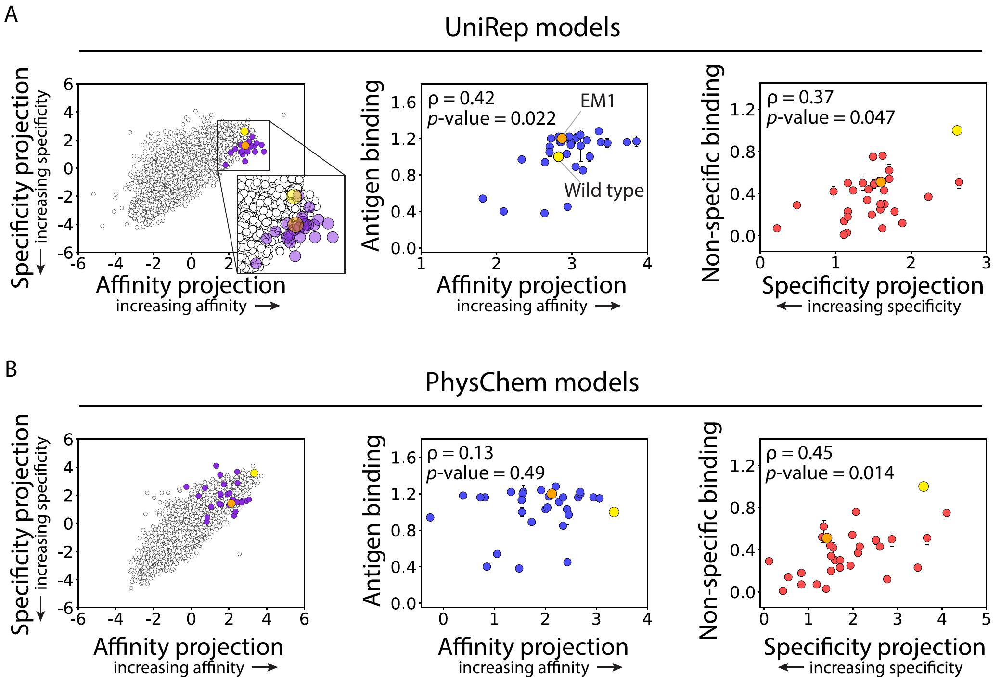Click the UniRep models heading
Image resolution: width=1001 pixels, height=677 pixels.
[x=532, y=28]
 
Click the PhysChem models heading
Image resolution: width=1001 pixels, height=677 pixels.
[x=532, y=383]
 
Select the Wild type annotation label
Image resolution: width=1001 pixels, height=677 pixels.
[x=603, y=191]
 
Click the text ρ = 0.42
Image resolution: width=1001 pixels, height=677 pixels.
[x=461, y=99]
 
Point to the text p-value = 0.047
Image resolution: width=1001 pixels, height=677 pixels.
[x=830, y=117]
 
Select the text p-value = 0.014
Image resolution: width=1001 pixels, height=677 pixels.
[x=830, y=473]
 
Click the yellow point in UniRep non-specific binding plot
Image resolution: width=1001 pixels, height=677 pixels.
[x=957, y=130]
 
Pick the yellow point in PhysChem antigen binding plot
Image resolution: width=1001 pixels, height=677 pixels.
[x=614, y=512]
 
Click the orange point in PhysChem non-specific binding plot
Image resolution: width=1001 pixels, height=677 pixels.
[x=827, y=538]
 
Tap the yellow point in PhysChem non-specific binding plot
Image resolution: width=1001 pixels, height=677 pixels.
[x=923, y=486]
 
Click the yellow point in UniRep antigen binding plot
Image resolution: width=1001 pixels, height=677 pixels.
[x=558, y=156]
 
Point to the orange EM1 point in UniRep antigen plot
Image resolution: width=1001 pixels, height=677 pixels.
[x=562, y=139]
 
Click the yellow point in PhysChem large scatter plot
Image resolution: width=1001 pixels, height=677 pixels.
[x=254, y=473]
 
